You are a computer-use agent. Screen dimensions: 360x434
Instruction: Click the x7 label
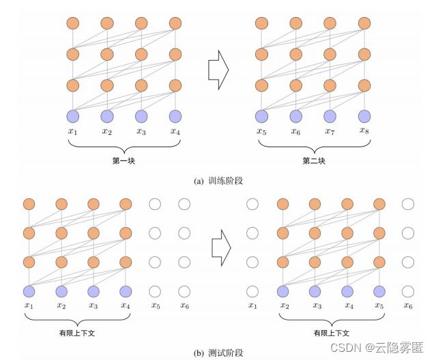point(330,131)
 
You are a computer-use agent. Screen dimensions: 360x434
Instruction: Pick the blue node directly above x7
point(330,116)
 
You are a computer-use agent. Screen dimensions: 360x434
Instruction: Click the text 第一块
point(124,162)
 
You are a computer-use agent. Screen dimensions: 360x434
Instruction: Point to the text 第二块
point(314,162)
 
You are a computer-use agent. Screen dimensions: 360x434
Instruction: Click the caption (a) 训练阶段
point(217,181)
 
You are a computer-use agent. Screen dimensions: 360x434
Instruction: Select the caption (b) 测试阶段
point(218,352)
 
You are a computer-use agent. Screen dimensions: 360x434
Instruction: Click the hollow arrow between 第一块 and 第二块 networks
point(217,69)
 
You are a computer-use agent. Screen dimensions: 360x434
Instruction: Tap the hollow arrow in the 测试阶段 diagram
point(220,247)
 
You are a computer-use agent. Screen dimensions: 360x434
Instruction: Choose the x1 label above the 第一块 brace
point(73,131)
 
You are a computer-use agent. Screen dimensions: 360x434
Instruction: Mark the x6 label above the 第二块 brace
point(295,131)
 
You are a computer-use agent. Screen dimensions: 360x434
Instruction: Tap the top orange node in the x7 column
point(330,23)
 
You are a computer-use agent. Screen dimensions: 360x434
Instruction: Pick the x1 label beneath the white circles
point(253,305)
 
